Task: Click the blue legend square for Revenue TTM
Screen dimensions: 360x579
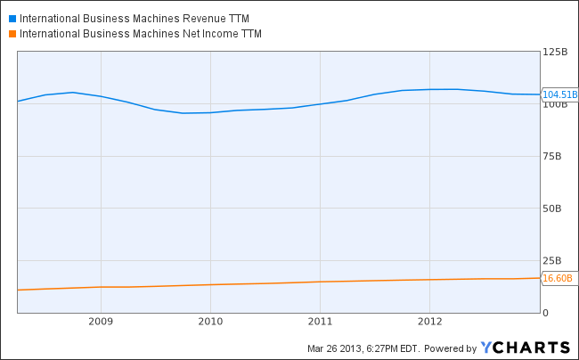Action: [12, 17]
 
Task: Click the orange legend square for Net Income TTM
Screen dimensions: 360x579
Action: [12, 34]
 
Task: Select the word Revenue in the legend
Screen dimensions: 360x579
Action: [198, 17]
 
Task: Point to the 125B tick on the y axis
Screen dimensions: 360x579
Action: [555, 53]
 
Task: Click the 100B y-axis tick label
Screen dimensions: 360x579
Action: [555, 105]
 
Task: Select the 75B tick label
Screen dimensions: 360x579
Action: [552, 156]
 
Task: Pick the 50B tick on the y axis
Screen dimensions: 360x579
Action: [552, 209]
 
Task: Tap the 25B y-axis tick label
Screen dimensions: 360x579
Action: [552, 260]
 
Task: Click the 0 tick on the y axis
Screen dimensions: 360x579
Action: [545, 313]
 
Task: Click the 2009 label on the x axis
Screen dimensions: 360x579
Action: [101, 321]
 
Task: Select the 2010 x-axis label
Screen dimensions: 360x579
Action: [210, 321]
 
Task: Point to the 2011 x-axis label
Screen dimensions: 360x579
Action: [321, 321]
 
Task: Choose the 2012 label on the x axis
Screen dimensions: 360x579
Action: [430, 321]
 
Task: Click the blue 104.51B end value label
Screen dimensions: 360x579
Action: [559, 94]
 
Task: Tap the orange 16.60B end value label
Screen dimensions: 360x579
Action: [557, 278]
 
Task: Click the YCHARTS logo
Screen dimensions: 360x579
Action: [526, 347]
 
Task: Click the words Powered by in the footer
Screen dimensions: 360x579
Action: [450, 348]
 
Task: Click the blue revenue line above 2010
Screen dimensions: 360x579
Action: [210, 112]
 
